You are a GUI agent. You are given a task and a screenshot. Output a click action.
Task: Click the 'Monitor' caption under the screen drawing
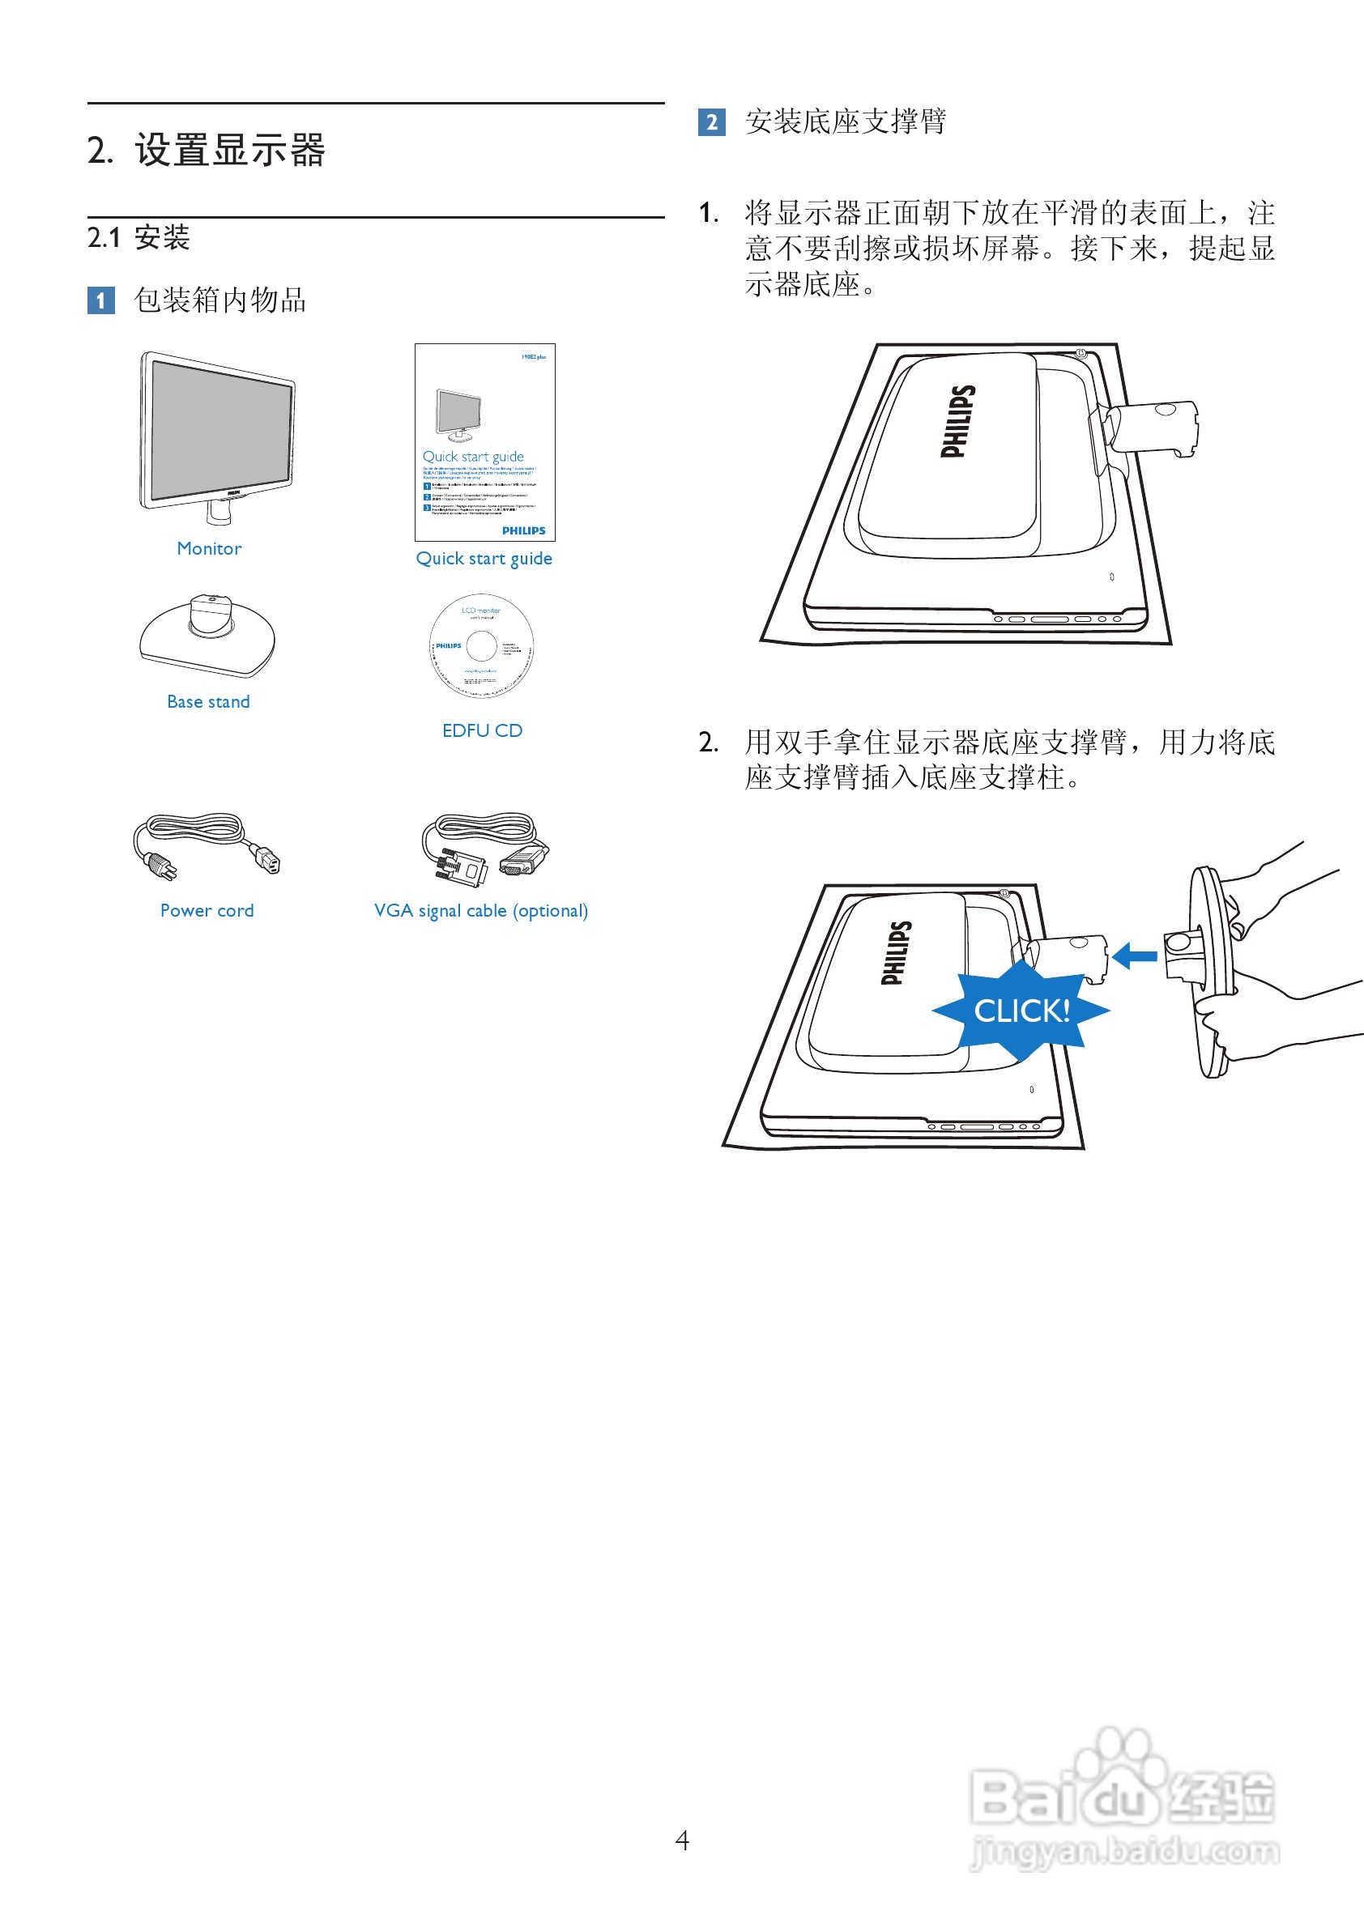tap(209, 548)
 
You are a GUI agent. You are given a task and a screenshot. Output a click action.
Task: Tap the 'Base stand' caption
tap(208, 701)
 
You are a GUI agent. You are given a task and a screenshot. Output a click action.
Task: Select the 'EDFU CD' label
tap(482, 730)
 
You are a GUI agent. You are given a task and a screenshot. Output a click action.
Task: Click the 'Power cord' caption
tap(207, 910)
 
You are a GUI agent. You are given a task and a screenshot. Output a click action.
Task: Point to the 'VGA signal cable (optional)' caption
tap(480, 910)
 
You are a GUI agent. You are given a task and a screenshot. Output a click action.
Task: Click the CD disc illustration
tap(481, 645)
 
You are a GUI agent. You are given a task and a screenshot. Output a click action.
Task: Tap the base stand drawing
tap(207, 636)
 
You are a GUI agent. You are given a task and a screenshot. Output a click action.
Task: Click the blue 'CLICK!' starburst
tap(1021, 1011)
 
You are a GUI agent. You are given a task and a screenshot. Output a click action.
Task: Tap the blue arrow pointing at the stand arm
tap(1135, 955)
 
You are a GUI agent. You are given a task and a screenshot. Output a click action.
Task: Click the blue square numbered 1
tap(100, 300)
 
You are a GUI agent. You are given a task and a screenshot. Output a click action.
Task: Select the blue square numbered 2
tap(711, 122)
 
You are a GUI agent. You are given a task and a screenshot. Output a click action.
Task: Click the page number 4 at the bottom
tap(682, 1841)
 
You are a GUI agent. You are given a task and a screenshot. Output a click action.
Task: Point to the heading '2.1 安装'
tap(139, 237)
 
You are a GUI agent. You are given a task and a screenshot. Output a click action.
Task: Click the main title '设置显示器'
tap(228, 151)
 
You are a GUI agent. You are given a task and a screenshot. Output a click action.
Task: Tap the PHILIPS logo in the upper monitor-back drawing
tap(957, 422)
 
